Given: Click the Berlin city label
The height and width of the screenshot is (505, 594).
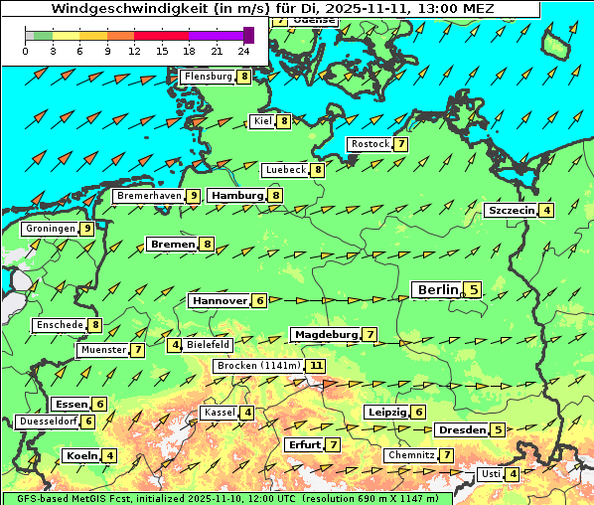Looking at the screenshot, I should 436,290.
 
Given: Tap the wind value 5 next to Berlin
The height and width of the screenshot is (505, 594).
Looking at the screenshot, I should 474,290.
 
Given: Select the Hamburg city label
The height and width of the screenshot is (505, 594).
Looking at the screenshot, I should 235,196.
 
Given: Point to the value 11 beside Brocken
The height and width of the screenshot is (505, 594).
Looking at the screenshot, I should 316,366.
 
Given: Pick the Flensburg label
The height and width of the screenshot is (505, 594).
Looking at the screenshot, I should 207,77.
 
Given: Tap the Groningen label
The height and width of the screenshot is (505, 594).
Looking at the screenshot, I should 51,229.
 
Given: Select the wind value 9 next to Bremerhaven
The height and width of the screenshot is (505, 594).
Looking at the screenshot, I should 193,196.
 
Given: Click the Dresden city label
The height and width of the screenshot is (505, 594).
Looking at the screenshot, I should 462,430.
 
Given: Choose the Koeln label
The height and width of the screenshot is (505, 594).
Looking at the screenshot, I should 80,456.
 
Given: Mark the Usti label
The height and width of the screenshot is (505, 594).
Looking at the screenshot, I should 490,474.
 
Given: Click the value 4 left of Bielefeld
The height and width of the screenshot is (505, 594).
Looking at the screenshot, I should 175,345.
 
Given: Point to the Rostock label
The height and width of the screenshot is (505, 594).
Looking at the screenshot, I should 370,144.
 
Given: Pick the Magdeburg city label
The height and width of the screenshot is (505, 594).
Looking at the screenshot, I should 325,335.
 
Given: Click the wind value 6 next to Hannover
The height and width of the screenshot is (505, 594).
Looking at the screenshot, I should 259,300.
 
